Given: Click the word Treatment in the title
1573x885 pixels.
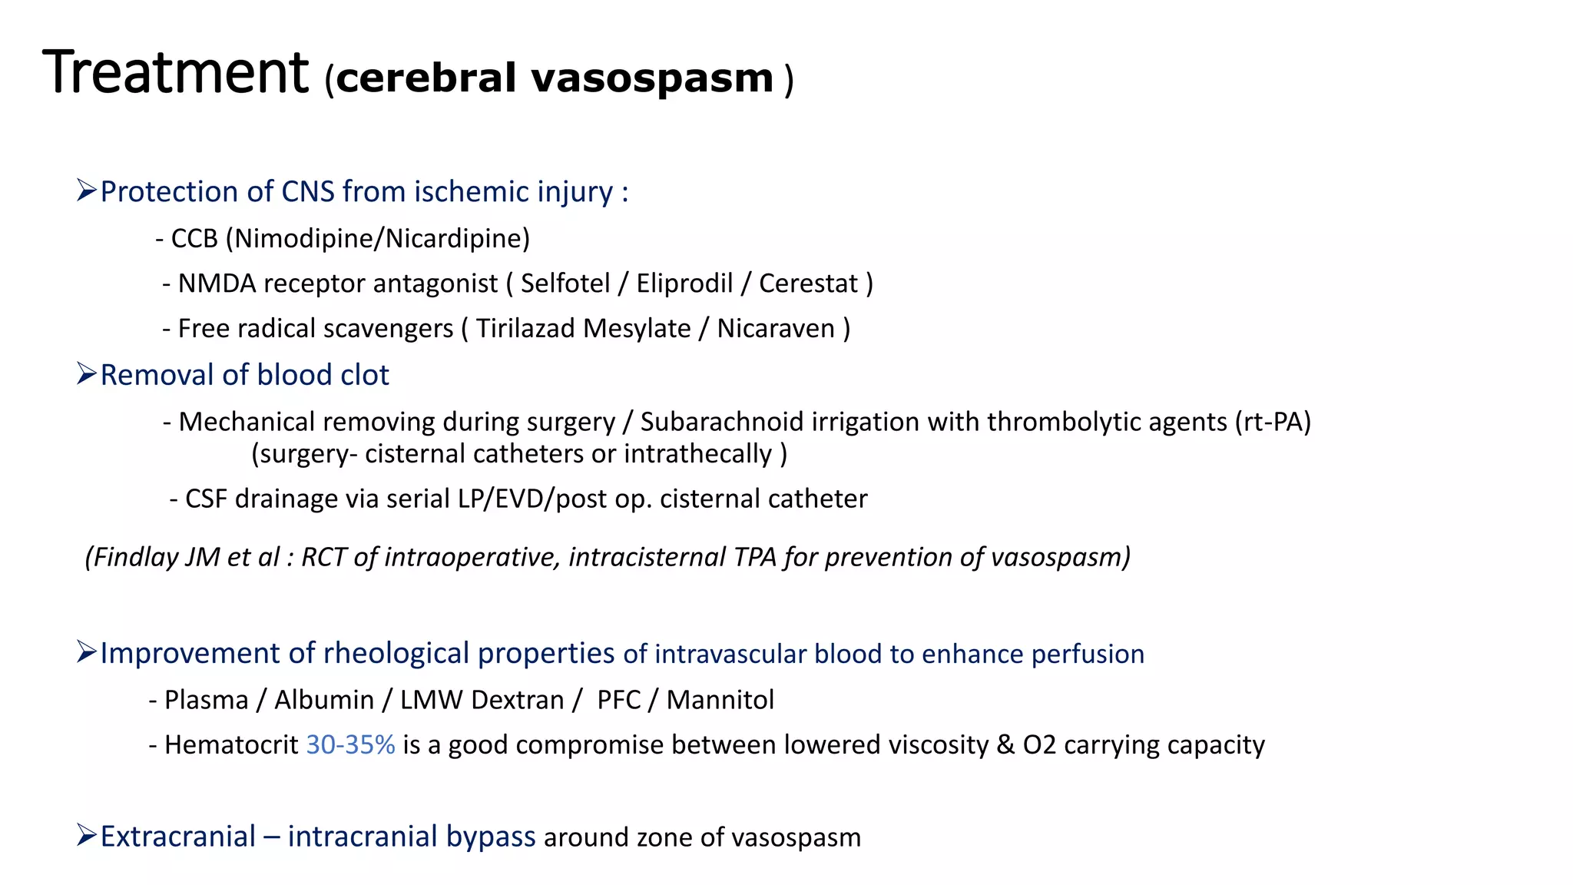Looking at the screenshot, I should pyautogui.click(x=175, y=73).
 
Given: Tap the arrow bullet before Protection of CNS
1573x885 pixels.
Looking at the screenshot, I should pyautogui.click(x=86, y=190).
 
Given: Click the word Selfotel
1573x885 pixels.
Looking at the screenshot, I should pyautogui.click(x=565, y=283).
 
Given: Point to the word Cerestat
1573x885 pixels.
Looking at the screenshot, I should pyautogui.click(x=808, y=283).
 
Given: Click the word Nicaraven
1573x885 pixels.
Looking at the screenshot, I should pyautogui.click(x=776, y=329).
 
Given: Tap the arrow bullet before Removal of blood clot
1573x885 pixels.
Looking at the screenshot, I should pyautogui.click(x=86, y=374).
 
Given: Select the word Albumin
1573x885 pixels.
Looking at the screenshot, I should pyautogui.click(x=323, y=700).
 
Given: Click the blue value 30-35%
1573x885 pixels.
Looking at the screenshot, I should pyautogui.click(x=350, y=745).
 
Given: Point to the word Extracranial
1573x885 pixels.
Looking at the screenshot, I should pyautogui.click(x=177, y=837).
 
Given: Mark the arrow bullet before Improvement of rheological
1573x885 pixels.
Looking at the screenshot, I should pyautogui.click(x=86, y=652).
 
